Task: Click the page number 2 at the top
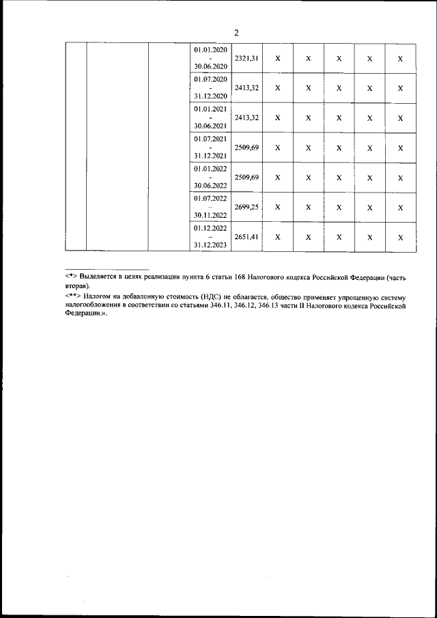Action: tap(236, 33)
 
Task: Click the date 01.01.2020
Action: tap(211, 51)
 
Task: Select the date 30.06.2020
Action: tap(211, 67)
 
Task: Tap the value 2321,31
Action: tap(246, 59)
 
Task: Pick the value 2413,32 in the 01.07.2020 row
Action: tap(246, 88)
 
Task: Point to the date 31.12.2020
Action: tap(211, 96)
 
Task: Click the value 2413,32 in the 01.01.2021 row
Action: tap(246, 117)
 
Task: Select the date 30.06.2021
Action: tap(211, 126)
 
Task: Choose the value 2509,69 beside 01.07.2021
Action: tap(246, 148)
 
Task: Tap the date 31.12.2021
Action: tap(211, 156)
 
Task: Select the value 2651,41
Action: tap(246, 237)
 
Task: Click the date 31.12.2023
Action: tap(211, 245)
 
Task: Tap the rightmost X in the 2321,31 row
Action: tap(400, 59)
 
